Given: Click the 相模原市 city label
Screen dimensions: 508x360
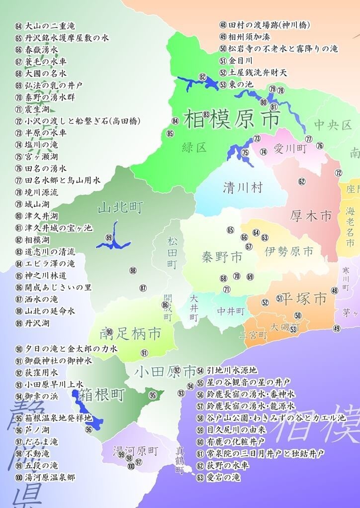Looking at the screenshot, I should tap(232, 118).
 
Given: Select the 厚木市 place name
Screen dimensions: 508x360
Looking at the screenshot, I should tap(311, 215).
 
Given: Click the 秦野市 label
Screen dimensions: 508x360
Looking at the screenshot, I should tap(222, 257).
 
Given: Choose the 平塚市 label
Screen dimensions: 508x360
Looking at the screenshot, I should tap(304, 299).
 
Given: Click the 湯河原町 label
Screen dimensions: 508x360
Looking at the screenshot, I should tap(135, 451).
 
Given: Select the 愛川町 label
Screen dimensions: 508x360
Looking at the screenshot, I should tap(290, 148).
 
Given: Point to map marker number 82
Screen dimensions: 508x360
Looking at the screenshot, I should tap(202, 77).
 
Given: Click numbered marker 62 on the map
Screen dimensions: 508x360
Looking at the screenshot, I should tap(302, 181).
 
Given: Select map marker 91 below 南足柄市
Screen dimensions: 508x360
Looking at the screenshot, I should tap(144, 353).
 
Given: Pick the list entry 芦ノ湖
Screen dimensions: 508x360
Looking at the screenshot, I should tap(38, 430).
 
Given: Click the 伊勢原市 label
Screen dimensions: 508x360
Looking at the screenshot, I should tap(289, 250).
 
